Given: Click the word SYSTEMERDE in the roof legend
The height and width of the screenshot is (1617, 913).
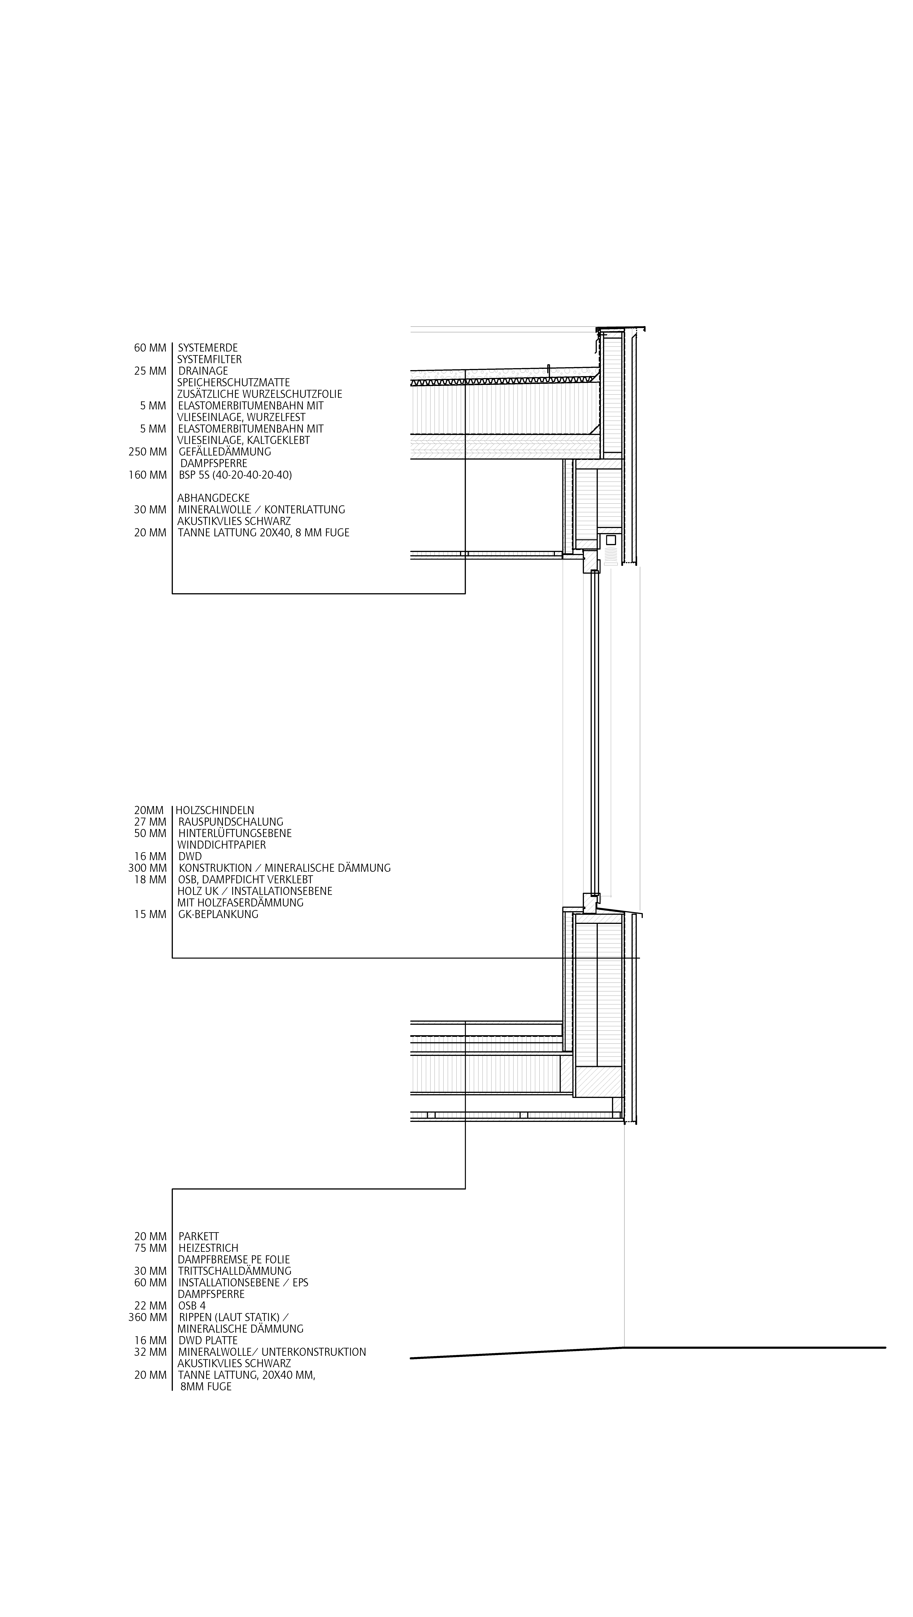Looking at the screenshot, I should (208, 348).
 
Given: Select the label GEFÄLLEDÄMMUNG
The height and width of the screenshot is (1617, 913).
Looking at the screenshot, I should (225, 452).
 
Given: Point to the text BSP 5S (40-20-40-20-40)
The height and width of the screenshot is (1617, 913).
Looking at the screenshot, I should (235, 475).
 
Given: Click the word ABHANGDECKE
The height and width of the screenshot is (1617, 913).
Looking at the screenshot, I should (213, 498).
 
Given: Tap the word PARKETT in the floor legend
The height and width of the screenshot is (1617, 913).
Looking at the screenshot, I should (198, 1237).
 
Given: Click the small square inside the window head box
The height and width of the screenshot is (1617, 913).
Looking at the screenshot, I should (610, 540).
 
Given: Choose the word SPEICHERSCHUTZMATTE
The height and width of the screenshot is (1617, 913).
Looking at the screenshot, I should (234, 382).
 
